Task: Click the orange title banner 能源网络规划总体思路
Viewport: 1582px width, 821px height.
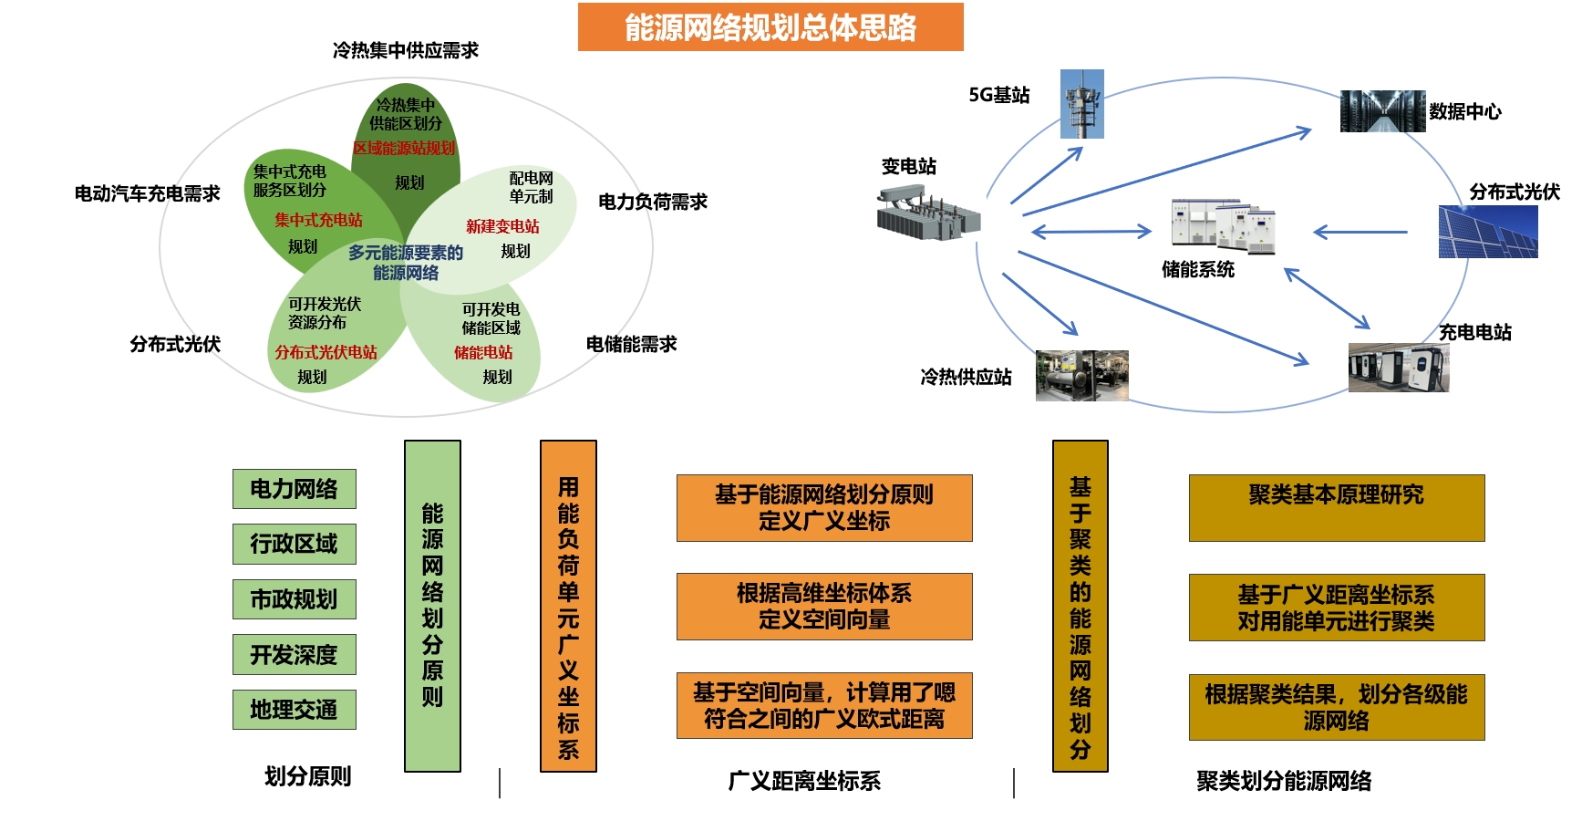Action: pos(770,27)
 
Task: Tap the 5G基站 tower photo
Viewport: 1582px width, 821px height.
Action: pos(1082,104)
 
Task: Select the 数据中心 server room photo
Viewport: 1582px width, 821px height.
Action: pos(1382,111)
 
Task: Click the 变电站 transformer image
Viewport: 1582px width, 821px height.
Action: pos(928,214)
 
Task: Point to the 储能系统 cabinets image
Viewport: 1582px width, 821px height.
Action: pos(1223,225)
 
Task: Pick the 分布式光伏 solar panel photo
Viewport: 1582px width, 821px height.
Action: pos(1488,232)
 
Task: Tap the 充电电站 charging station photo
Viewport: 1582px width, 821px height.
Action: pos(1398,368)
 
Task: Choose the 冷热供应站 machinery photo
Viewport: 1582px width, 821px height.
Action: pos(1082,376)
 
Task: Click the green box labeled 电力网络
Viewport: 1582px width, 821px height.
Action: pos(294,489)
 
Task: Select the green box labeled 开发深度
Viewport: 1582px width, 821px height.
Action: pos(294,655)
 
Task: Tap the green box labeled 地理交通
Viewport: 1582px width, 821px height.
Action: pos(294,710)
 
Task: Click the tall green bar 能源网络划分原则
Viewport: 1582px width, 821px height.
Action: pos(432,606)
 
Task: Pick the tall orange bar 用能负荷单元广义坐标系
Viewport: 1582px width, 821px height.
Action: pos(568,606)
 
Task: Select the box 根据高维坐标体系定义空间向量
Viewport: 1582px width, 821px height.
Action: pos(824,607)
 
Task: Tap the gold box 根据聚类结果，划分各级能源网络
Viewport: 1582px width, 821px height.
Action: pos(1337,707)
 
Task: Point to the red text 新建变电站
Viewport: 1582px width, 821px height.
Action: pos(502,226)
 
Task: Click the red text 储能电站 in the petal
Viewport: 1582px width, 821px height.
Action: pos(483,352)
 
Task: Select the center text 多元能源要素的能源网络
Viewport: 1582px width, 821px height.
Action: pos(406,263)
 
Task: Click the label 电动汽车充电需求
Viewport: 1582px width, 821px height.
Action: pos(148,193)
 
